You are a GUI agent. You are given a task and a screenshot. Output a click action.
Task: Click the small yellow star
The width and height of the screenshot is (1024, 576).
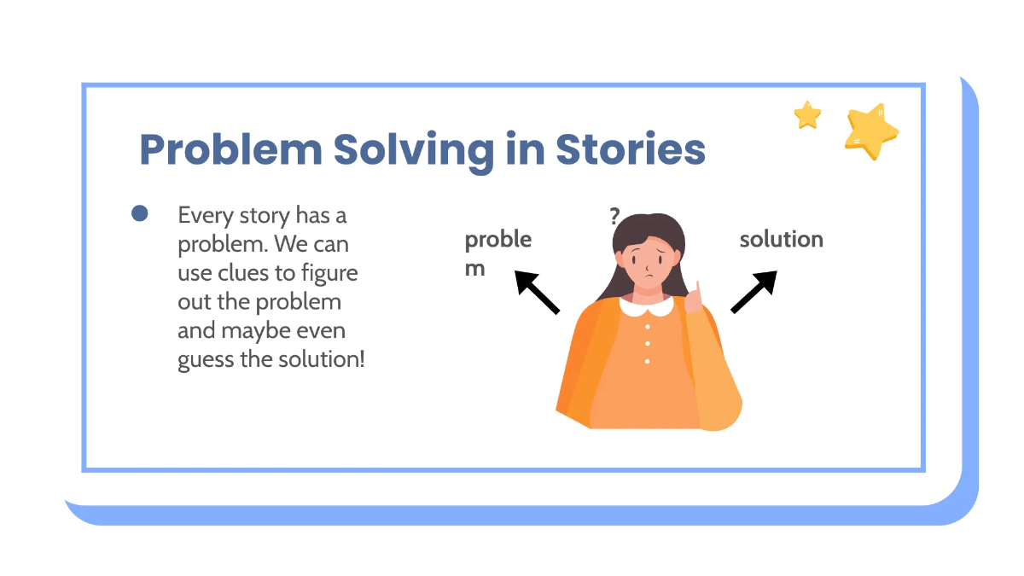coord(807,114)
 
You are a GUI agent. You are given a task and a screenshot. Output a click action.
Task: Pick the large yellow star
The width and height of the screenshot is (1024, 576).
coord(870,131)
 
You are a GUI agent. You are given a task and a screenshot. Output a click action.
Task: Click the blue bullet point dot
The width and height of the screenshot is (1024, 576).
coord(140,213)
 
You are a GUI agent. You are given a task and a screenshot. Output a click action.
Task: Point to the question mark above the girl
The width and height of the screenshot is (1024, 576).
coord(614,217)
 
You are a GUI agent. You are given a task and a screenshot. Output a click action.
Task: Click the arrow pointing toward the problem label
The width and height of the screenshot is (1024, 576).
coord(537,292)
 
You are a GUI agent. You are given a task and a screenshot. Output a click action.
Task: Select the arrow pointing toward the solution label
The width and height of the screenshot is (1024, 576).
coord(754,292)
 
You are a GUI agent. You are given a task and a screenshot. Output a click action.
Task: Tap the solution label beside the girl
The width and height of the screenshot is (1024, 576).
coord(781,239)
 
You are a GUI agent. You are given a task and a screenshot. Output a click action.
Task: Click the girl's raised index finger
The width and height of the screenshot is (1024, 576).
coord(696,290)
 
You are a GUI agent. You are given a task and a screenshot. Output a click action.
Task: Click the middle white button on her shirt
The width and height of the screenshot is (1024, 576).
coord(648,343)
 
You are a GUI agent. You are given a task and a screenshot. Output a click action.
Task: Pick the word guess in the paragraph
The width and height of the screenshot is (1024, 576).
coord(206,359)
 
